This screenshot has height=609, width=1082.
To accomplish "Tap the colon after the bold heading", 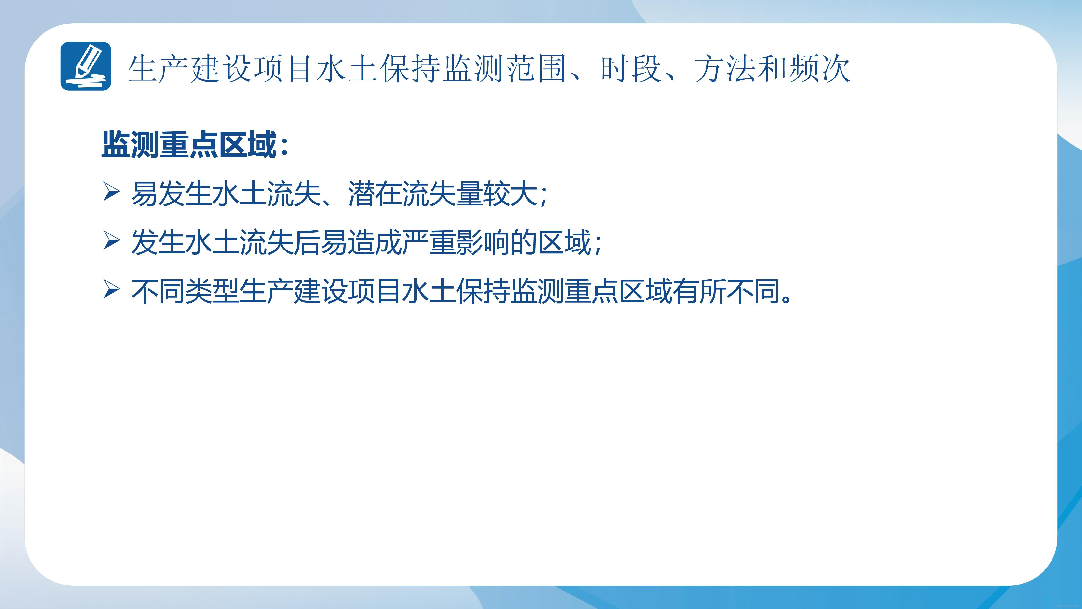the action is point(284,147).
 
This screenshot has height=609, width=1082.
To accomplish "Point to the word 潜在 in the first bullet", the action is point(375,194).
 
